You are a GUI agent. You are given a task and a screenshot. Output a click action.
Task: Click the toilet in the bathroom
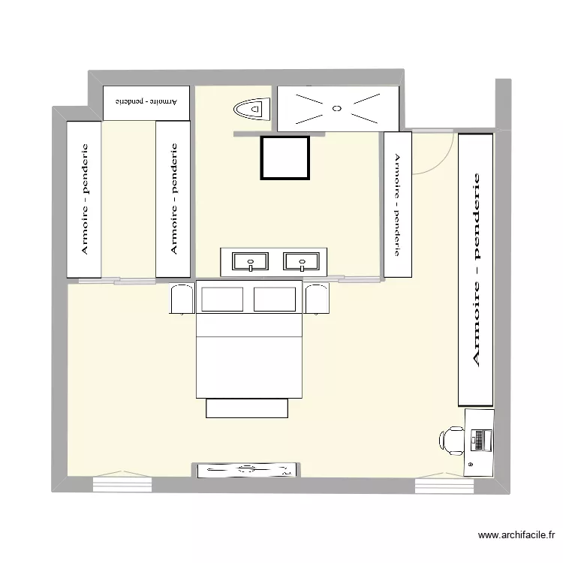tap(251, 110)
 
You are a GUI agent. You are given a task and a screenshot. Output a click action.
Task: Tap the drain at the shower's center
tap(337, 108)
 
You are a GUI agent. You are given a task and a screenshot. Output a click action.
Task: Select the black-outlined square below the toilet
tap(285, 158)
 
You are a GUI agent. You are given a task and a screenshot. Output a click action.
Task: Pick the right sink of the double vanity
tap(302, 262)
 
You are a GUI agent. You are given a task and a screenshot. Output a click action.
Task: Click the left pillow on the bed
tap(223, 298)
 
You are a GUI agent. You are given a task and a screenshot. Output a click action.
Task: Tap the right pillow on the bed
tap(275, 298)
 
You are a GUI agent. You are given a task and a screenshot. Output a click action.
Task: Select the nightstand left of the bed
tap(182, 298)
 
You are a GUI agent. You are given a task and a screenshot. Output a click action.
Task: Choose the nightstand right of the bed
tap(317, 298)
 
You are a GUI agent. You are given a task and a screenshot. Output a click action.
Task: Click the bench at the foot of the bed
tap(247, 408)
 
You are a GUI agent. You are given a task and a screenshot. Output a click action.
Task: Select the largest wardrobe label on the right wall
tap(475, 269)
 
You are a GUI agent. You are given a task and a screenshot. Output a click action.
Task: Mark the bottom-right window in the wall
tap(444, 486)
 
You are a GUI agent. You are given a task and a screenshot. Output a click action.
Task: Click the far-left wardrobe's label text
tap(85, 199)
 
